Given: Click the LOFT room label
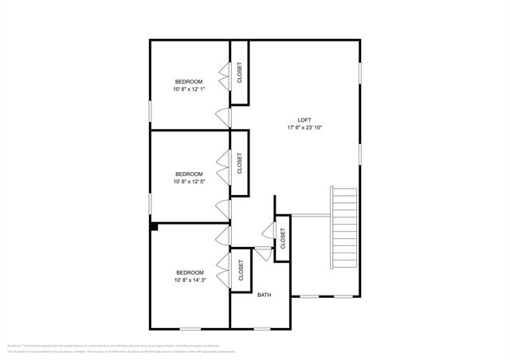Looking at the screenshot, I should point(304,119).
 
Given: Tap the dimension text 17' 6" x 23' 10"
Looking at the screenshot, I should point(304,127).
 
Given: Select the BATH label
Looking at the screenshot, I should point(264,295).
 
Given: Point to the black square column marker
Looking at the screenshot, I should point(155,227).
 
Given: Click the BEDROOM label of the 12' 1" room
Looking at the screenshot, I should point(189,81).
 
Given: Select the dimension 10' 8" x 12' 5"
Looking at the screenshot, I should point(189,182).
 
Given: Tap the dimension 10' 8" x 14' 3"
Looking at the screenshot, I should point(189,280).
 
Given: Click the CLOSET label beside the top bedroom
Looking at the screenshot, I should point(240,73).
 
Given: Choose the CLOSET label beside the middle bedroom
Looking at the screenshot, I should point(240,163).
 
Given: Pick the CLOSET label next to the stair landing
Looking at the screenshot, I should point(283,238).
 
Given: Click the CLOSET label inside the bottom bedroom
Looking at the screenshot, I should point(241,272).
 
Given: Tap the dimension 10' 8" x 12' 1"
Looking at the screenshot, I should point(189,89).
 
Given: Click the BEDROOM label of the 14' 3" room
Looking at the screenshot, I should point(189,272).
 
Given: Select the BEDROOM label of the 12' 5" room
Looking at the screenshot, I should point(189,174).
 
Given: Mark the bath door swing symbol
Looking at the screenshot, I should point(261,254).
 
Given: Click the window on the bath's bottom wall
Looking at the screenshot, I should point(262,328).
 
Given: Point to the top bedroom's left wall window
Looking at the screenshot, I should point(151,109).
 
